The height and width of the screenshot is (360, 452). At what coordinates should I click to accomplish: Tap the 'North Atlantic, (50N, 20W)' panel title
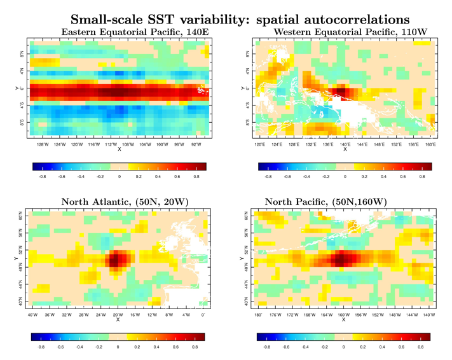(x=118, y=202)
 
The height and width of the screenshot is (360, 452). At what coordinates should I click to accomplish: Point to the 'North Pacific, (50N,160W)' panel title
(x=344, y=202)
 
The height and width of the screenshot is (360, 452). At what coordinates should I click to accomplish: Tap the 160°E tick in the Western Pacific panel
(x=431, y=144)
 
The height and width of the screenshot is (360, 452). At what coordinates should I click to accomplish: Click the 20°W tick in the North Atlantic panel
(x=118, y=314)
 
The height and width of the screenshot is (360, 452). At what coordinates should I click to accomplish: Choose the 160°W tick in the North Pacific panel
(x=343, y=314)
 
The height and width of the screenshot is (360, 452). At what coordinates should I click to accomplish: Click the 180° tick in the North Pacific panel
(x=258, y=314)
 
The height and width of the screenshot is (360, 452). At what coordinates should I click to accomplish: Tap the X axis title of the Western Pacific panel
(x=345, y=150)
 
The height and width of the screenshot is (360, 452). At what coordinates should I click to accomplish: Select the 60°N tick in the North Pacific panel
(x=246, y=217)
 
